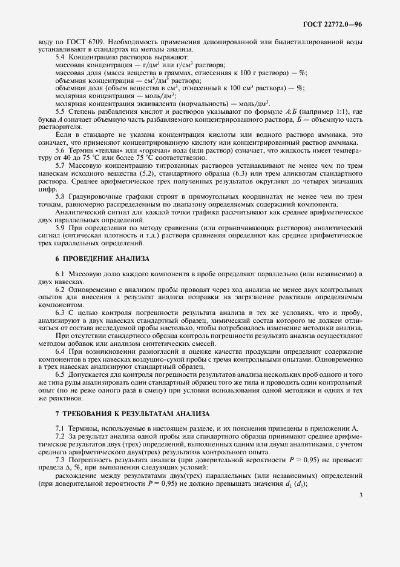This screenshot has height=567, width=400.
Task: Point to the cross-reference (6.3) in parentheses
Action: (x=232, y=173)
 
